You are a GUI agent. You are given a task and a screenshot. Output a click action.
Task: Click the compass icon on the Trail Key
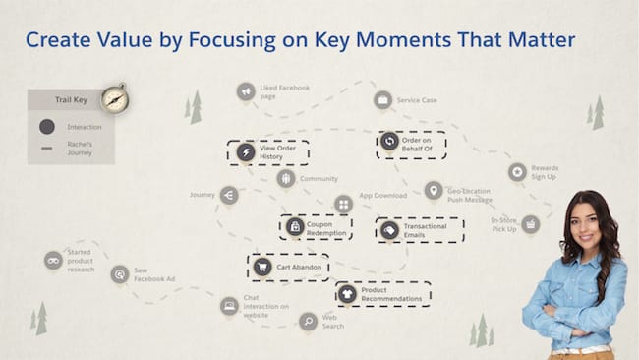tap(114, 98)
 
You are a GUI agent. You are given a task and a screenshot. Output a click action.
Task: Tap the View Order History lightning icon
tap(245, 152)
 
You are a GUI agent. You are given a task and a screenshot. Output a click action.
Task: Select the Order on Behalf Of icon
tap(389, 143)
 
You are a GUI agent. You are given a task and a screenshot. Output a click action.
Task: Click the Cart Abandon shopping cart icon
tap(261, 267)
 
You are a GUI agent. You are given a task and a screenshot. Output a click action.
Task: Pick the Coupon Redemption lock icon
tap(294, 227)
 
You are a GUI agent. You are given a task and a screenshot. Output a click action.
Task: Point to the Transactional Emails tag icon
tap(390, 229)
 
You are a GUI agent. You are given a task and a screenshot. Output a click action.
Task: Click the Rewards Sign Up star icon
tap(517, 172)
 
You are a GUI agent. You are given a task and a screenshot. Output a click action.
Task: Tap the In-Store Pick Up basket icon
tap(530, 224)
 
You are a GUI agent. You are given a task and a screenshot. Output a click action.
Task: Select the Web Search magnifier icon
tap(308, 320)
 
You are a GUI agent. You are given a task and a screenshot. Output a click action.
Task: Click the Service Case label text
tap(417, 100)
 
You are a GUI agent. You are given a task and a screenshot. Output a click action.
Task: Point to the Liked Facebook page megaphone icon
tap(246, 91)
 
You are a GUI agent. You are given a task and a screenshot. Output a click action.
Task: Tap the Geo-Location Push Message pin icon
tap(433, 190)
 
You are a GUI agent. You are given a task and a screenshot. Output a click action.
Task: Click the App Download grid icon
tap(343, 205)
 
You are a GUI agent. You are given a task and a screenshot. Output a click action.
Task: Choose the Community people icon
tap(286, 179)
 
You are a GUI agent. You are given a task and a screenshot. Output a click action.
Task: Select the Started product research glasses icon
tap(53, 260)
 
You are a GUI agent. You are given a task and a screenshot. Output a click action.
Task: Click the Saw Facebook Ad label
tap(154, 274)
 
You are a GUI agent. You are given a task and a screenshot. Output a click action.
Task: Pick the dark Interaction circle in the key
tap(46, 127)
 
